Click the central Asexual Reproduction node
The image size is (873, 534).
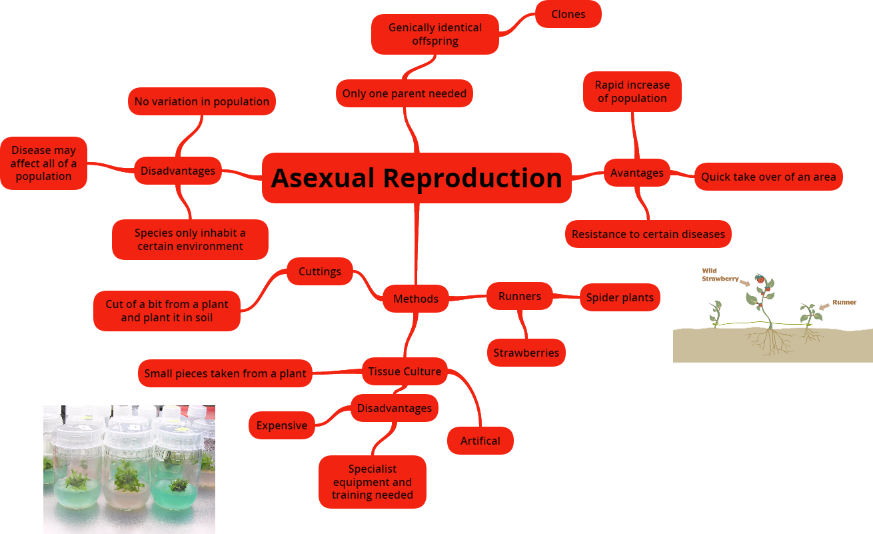(x=417, y=178)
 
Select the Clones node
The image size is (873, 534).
(x=568, y=14)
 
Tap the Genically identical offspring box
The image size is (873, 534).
(x=435, y=34)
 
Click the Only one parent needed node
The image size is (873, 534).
(x=405, y=93)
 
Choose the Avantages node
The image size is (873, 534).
(x=637, y=173)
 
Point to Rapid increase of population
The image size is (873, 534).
(x=632, y=91)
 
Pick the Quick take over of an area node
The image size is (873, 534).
(x=768, y=177)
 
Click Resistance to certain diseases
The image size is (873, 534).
(x=648, y=234)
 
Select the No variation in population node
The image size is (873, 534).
(x=202, y=101)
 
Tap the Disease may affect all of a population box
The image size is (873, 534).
(x=43, y=163)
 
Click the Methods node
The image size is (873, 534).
(x=416, y=299)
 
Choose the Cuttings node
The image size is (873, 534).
(x=320, y=271)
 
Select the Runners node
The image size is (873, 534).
(x=520, y=296)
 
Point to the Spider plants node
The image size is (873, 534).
(x=620, y=297)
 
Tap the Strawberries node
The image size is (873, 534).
(x=526, y=353)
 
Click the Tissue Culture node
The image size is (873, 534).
(x=405, y=371)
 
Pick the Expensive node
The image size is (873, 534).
(x=282, y=425)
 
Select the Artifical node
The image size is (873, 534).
(x=480, y=441)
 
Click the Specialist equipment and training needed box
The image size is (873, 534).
(x=373, y=482)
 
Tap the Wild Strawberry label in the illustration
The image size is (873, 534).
(x=720, y=275)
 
